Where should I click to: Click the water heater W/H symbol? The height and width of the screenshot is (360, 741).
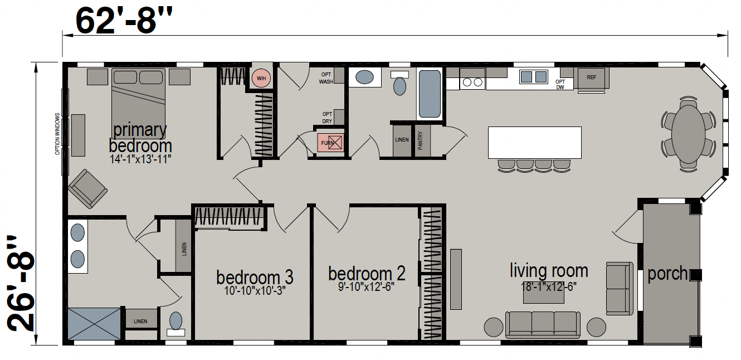261,79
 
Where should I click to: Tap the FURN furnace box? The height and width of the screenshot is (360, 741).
330,143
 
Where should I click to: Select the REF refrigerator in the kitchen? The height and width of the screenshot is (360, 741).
592,78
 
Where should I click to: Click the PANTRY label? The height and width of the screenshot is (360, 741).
420,140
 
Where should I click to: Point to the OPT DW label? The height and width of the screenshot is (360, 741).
560,84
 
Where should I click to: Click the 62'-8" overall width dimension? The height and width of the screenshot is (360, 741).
124,21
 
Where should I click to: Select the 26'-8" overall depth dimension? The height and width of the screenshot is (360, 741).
21,284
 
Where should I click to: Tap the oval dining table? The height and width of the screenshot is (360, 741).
689,134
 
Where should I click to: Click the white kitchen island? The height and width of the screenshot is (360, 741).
535,142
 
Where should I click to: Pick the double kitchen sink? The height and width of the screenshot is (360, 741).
533,77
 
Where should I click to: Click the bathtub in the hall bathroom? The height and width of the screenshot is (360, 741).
430,94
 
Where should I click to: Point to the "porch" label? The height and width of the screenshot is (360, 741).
667,274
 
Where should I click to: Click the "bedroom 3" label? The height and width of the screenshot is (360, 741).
255,277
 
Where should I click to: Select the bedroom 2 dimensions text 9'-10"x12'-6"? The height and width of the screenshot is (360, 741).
366,286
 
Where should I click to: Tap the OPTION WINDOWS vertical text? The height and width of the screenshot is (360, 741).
57,134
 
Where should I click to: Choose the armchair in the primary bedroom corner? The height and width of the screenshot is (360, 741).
87,188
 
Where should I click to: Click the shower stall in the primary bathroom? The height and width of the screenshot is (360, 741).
94,324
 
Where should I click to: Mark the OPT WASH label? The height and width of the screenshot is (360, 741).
326,78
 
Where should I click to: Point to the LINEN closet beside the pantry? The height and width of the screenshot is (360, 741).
402,140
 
